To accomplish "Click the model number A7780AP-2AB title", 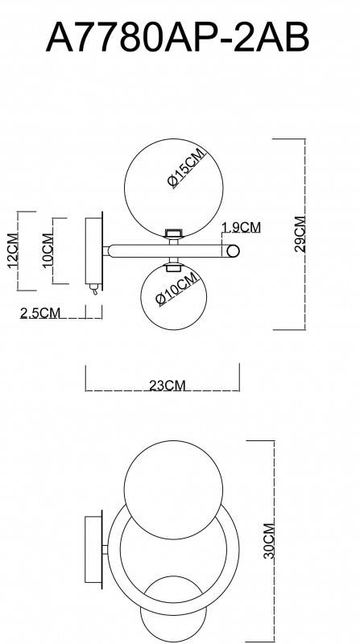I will [x=179, y=36].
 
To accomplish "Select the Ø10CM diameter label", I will [x=176, y=290].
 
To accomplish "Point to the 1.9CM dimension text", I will [x=241, y=228].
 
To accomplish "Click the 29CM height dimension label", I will [x=300, y=233].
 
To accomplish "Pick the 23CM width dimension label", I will [x=168, y=386].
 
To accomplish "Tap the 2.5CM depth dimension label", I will [x=40, y=313].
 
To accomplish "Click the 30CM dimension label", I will [x=269, y=541].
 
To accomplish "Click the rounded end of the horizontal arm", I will [x=232, y=251].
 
